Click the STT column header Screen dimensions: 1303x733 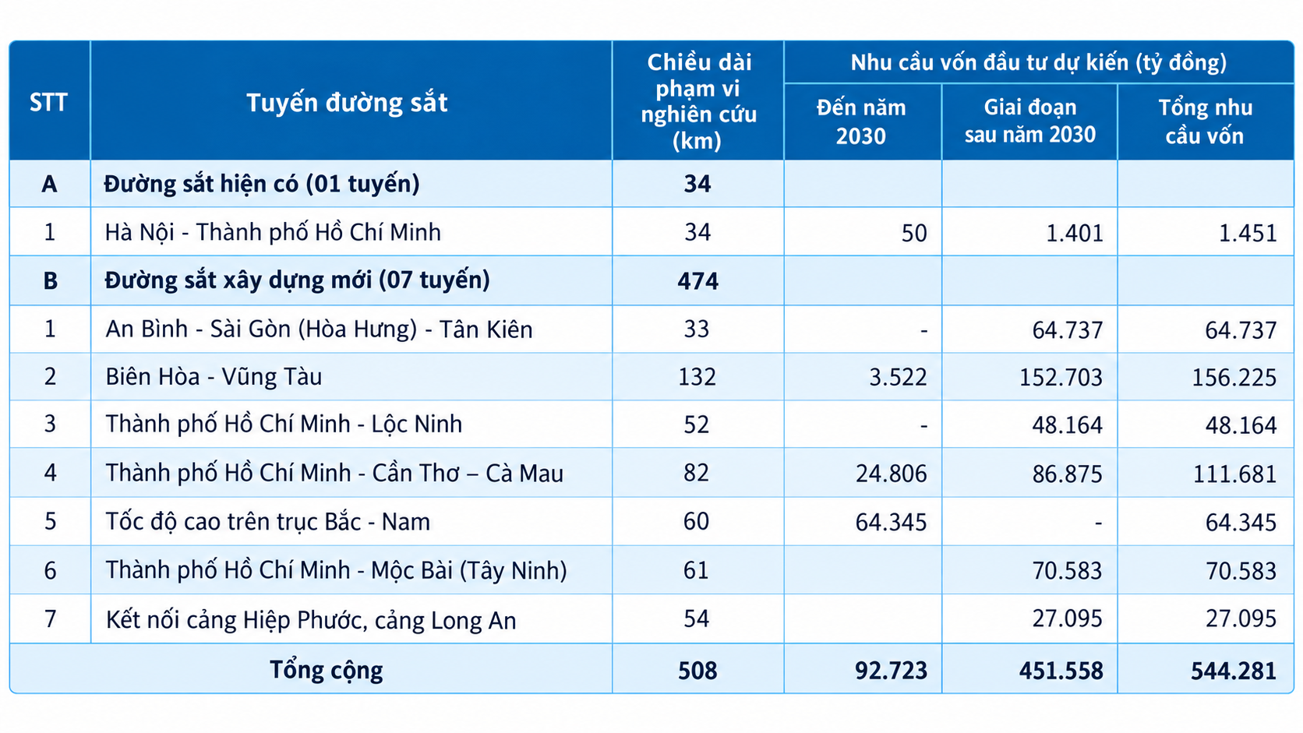pyautogui.click(x=48, y=102)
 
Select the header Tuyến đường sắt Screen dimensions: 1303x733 pyautogui.click(x=348, y=103)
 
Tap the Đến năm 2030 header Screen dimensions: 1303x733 pyautogui.click(x=861, y=122)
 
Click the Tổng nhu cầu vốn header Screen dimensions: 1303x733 pyautogui.click(x=1205, y=122)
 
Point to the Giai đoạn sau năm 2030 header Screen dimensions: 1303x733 pyautogui.click(x=1029, y=121)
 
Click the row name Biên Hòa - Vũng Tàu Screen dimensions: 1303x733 pyautogui.click(x=214, y=377)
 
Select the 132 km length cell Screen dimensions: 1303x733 pyautogui.click(x=697, y=377)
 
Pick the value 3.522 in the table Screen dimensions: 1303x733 pyautogui.click(x=898, y=377)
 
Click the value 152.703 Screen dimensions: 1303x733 pyautogui.click(x=1061, y=377)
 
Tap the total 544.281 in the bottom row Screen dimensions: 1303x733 pyautogui.click(x=1234, y=671)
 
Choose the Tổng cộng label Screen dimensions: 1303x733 pyautogui.click(x=327, y=671)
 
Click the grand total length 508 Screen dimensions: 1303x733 pyautogui.click(x=697, y=671)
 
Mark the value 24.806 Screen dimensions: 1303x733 pyautogui.click(x=892, y=474)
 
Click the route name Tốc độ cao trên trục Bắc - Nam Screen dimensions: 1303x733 pyautogui.click(x=267, y=521)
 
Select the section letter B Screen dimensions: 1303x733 pyautogui.click(x=51, y=280)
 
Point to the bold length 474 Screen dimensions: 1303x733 pyautogui.click(x=697, y=281)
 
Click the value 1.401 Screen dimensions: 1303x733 pyautogui.click(x=1075, y=233)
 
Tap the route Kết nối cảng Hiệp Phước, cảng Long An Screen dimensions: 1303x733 pyautogui.click(x=311, y=619)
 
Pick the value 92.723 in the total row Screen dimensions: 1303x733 pyautogui.click(x=892, y=671)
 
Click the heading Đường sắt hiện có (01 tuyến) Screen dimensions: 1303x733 pyautogui.click(x=262, y=185)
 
